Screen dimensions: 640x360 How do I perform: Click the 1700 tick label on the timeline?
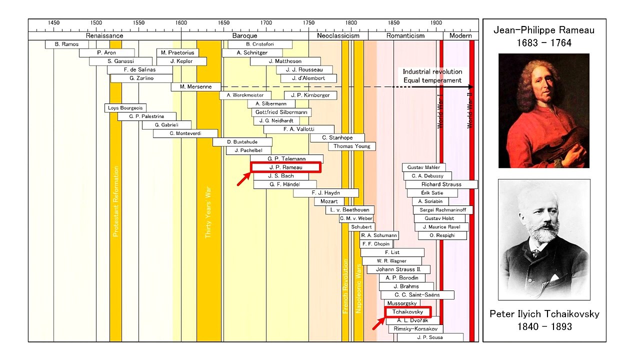(266, 23)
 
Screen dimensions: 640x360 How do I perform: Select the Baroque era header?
(245, 35)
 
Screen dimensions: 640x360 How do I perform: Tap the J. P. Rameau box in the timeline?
(285, 167)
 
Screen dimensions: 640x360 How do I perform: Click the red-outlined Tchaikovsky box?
(407, 311)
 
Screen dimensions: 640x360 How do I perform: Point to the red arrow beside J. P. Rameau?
(243, 179)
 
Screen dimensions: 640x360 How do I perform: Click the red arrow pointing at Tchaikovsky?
(378, 323)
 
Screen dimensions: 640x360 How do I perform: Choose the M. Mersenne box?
(196, 87)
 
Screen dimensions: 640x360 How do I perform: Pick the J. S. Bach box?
(281, 176)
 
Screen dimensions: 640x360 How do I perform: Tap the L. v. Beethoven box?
(350, 210)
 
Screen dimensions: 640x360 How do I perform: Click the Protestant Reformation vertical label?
(115, 201)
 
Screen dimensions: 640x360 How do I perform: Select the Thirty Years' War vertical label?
(208, 212)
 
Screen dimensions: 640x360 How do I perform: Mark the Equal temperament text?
(432, 80)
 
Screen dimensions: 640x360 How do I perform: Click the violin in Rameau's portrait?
(560, 145)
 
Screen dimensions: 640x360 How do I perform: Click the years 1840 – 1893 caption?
(544, 326)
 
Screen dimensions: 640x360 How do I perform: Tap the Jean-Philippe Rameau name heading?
(544, 30)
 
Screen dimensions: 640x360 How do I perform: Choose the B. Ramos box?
(67, 44)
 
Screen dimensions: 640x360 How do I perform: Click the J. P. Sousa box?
(430, 337)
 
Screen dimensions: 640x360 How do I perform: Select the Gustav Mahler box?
(423, 167)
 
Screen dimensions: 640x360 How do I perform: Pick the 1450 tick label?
(53, 23)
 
